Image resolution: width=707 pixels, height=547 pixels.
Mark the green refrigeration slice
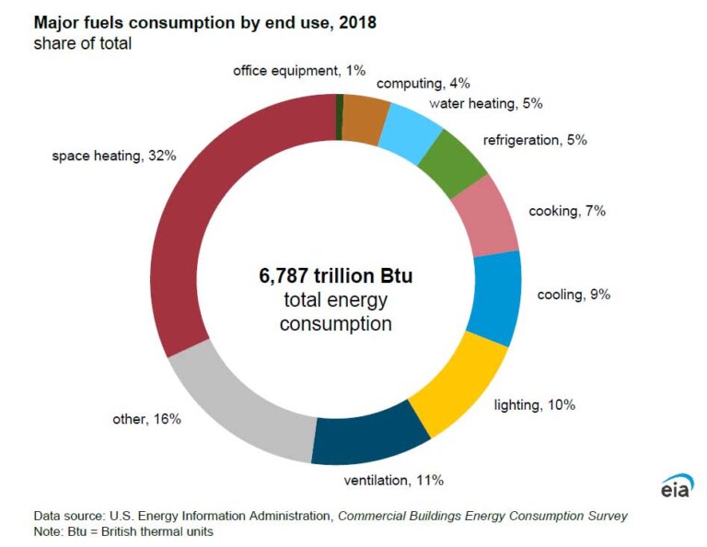(x=450, y=162)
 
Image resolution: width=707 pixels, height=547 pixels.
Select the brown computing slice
(x=361, y=118)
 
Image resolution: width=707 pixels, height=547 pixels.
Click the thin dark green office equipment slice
(x=340, y=116)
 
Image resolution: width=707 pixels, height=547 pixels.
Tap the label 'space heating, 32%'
(x=113, y=156)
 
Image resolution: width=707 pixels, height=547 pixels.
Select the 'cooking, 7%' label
(x=566, y=211)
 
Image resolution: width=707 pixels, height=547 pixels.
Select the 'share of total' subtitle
(x=82, y=42)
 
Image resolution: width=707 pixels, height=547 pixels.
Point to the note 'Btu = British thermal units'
(x=123, y=531)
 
